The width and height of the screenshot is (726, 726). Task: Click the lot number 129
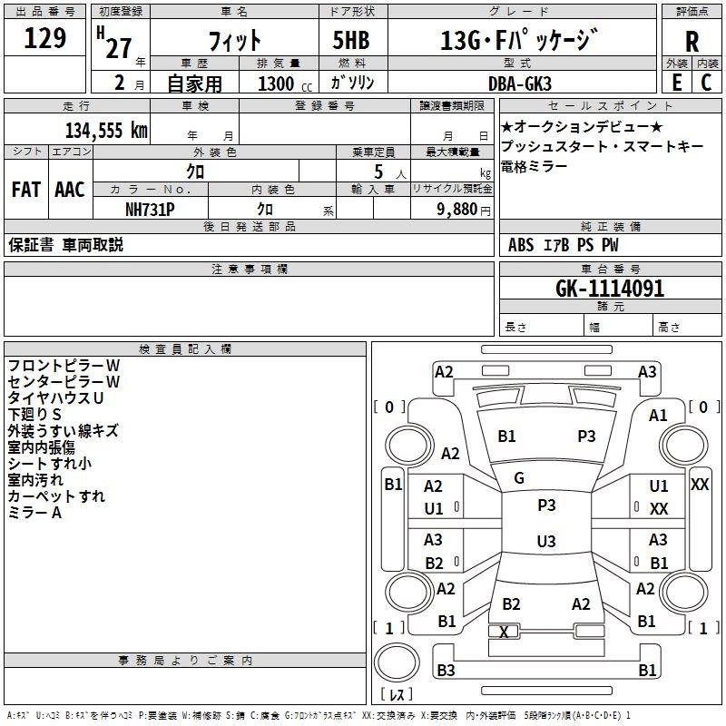click(x=44, y=39)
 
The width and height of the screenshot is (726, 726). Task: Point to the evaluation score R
click(x=692, y=42)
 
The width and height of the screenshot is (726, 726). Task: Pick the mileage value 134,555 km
click(x=106, y=130)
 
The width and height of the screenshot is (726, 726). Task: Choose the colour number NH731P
click(x=150, y=208)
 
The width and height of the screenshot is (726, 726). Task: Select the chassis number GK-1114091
click(x=610, y=289)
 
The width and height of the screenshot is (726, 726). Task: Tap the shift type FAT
click(x=25, y=190)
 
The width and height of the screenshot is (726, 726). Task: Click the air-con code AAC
click(x=69, y=190)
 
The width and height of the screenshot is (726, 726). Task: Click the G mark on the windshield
click(x=519, y=478)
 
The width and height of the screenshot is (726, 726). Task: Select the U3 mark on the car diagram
click(x=545, y=542)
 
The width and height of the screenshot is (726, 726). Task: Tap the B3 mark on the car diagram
click(x=446, y=671)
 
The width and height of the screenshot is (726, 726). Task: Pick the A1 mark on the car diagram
click(x=658, y=415)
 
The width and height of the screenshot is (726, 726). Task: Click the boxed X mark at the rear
click(x=505, y=632)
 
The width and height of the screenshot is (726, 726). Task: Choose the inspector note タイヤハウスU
click(x=55, y=397)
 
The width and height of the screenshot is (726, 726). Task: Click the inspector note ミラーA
click(x=34, y=513)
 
